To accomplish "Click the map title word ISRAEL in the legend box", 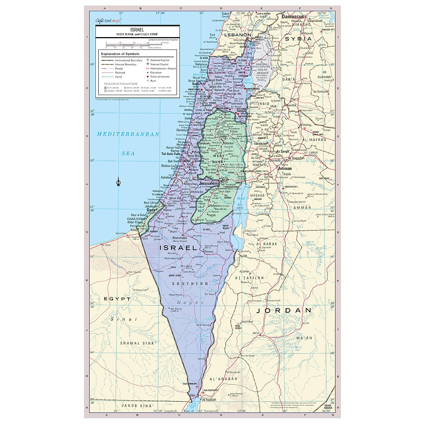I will click(x=137, y=30).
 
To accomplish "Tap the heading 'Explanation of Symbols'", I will click(x=120, y=54).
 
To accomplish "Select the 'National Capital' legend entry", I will click(x=160, y=60).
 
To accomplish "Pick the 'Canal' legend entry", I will click(x=118, y=77).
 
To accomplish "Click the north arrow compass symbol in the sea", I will click(x=118, y=183).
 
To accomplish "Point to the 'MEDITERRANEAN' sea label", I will click(x=128, y=134).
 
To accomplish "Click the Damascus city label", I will click(x=293, y=17).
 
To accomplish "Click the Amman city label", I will click(x=285, y=169).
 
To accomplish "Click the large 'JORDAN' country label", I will click(x=284, y=311).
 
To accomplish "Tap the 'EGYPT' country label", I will click(x=117, y=299).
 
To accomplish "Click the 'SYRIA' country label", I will click(x=299, y=39).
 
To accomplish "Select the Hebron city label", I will click(x=214, y=205).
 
